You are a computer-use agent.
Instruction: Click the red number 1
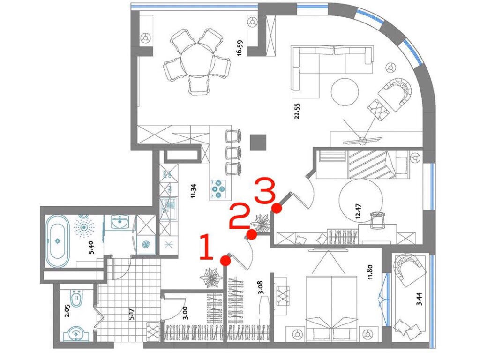coord(206,247)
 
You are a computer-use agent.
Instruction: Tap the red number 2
coord(239,216)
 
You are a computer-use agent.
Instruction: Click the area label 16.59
coord(240,48)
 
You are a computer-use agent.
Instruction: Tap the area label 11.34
coord(193,191)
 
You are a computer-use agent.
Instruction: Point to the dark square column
coord(258,142)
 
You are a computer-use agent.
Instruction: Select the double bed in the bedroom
coord(331,308)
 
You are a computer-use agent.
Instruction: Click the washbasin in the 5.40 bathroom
coord(120,222)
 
